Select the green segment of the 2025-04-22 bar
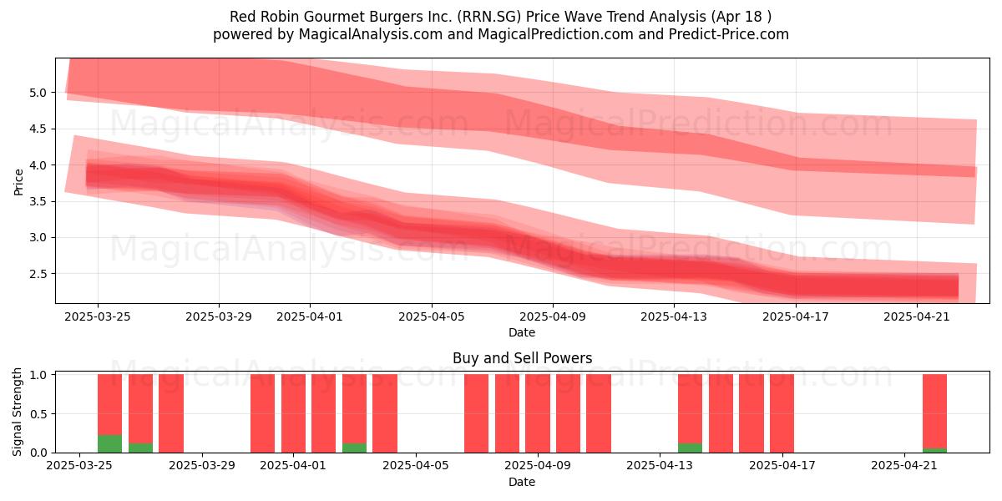(x=934, y=450)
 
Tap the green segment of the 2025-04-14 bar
(x=690, y=448)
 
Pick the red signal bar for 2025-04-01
(x=293, y=412)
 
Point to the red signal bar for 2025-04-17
(x=782, y=412)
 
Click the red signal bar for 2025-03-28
(x=171, y=412)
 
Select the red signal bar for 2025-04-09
(x=538, y=412)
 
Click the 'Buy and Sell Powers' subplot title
(x=522, y=358)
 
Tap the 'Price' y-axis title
(x=18, y=182)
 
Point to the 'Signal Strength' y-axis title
(x=17, y=412)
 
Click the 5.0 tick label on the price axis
(x=38, y=93)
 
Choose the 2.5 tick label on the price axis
(x=38, y=274)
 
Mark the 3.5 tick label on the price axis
(x=38, y=201)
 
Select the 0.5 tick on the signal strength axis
(x=38, y=414)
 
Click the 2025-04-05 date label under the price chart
(x=432, y=316)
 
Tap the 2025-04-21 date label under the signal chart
(x=904, y=465)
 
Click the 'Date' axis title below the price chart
(x=522, y=332)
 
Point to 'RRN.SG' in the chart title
(x=489, y=17)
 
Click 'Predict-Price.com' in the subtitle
(x=729, y=34)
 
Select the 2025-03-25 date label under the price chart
(x=98, y=316)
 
